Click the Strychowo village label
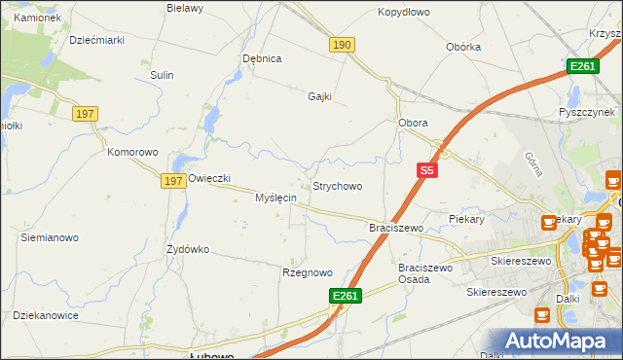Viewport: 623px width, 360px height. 337,186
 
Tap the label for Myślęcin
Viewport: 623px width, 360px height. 275,198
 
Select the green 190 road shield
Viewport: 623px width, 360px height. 342,46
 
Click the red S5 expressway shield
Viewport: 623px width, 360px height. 426,170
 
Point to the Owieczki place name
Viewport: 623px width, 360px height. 208,178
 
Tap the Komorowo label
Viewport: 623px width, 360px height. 132,153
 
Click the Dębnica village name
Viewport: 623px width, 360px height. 262,58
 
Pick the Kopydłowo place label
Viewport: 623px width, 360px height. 404,13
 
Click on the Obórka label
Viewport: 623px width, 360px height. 463,47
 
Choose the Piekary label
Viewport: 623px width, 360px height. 466,220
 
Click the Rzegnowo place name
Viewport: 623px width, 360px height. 308,272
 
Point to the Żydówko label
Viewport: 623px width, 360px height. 188,249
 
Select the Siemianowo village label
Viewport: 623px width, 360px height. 50,236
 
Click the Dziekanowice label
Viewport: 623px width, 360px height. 45,315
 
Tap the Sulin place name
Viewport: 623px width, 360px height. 162,75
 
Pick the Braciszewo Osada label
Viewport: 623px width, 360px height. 426,272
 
